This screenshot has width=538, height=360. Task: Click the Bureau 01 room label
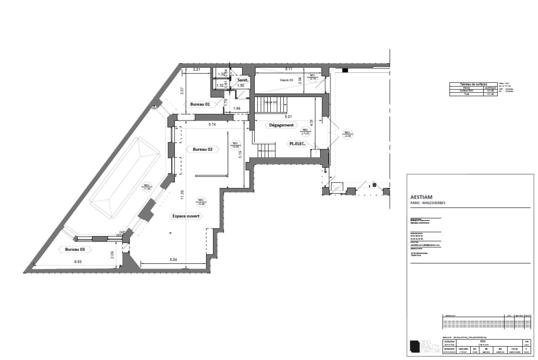click(x=200, y=104)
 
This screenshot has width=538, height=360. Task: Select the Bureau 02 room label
click(x=203, y=149)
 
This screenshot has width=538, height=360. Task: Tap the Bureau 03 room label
click(x=75, y=249)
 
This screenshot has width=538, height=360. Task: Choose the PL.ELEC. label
click(x=297, y=143)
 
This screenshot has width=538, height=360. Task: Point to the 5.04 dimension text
click(x=174, y=260)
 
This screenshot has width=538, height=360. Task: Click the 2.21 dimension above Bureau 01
click(x=197, y=69)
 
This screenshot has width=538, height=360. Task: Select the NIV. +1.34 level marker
click(x=147, y=187)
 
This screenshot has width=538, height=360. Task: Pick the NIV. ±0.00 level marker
click(x=305, y=132)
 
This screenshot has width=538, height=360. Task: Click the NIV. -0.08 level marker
click(x=347, y=134)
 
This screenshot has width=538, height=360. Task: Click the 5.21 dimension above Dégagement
click(x=288, y=116)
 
